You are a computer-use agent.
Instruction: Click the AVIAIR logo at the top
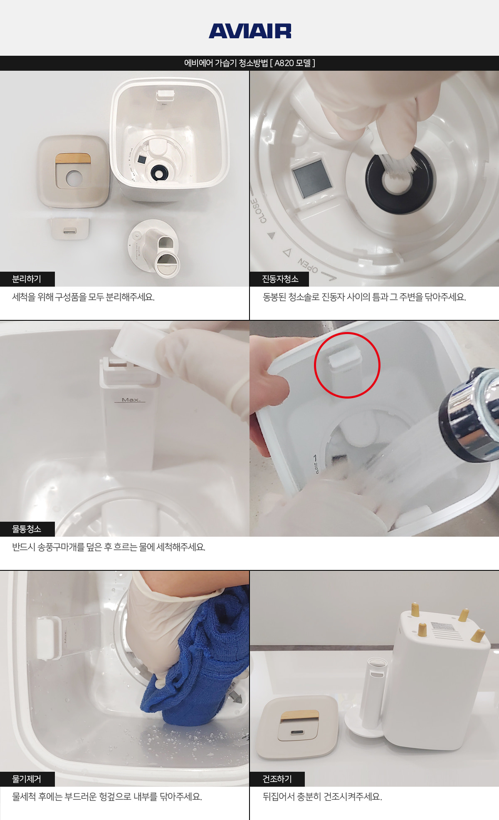(250, 31)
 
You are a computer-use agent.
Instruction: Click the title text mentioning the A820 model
(249, 63)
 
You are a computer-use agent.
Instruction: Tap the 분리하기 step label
(27, 279)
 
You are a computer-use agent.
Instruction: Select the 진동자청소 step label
(280, 279)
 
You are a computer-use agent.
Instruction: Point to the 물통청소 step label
(27, 529)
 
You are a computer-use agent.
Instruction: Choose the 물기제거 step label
(27, 779)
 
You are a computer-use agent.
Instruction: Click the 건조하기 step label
(277, 779)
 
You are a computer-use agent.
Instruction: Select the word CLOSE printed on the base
(258, 210)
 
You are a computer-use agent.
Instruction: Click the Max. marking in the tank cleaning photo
(131, 400)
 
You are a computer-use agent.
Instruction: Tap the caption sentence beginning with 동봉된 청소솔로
(364, 297)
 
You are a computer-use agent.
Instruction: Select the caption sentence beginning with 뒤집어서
(322, 797)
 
